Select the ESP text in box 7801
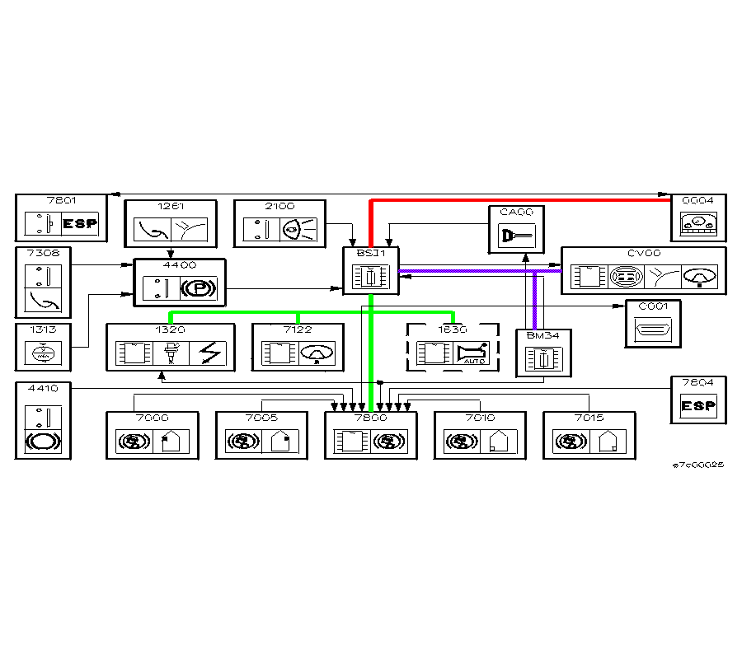point(80,223)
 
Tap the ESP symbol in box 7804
point(697,406)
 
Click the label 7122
point(298,329)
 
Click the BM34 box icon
point(543,359)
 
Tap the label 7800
point(370,418)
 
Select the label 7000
point(152,418)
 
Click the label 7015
point(589,418)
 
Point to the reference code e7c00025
point(697,465)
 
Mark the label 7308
point(39,253)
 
